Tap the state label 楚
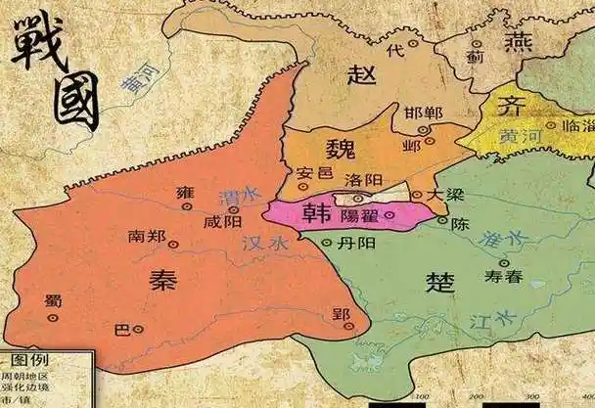pyautogui.click(x=440, y=282)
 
